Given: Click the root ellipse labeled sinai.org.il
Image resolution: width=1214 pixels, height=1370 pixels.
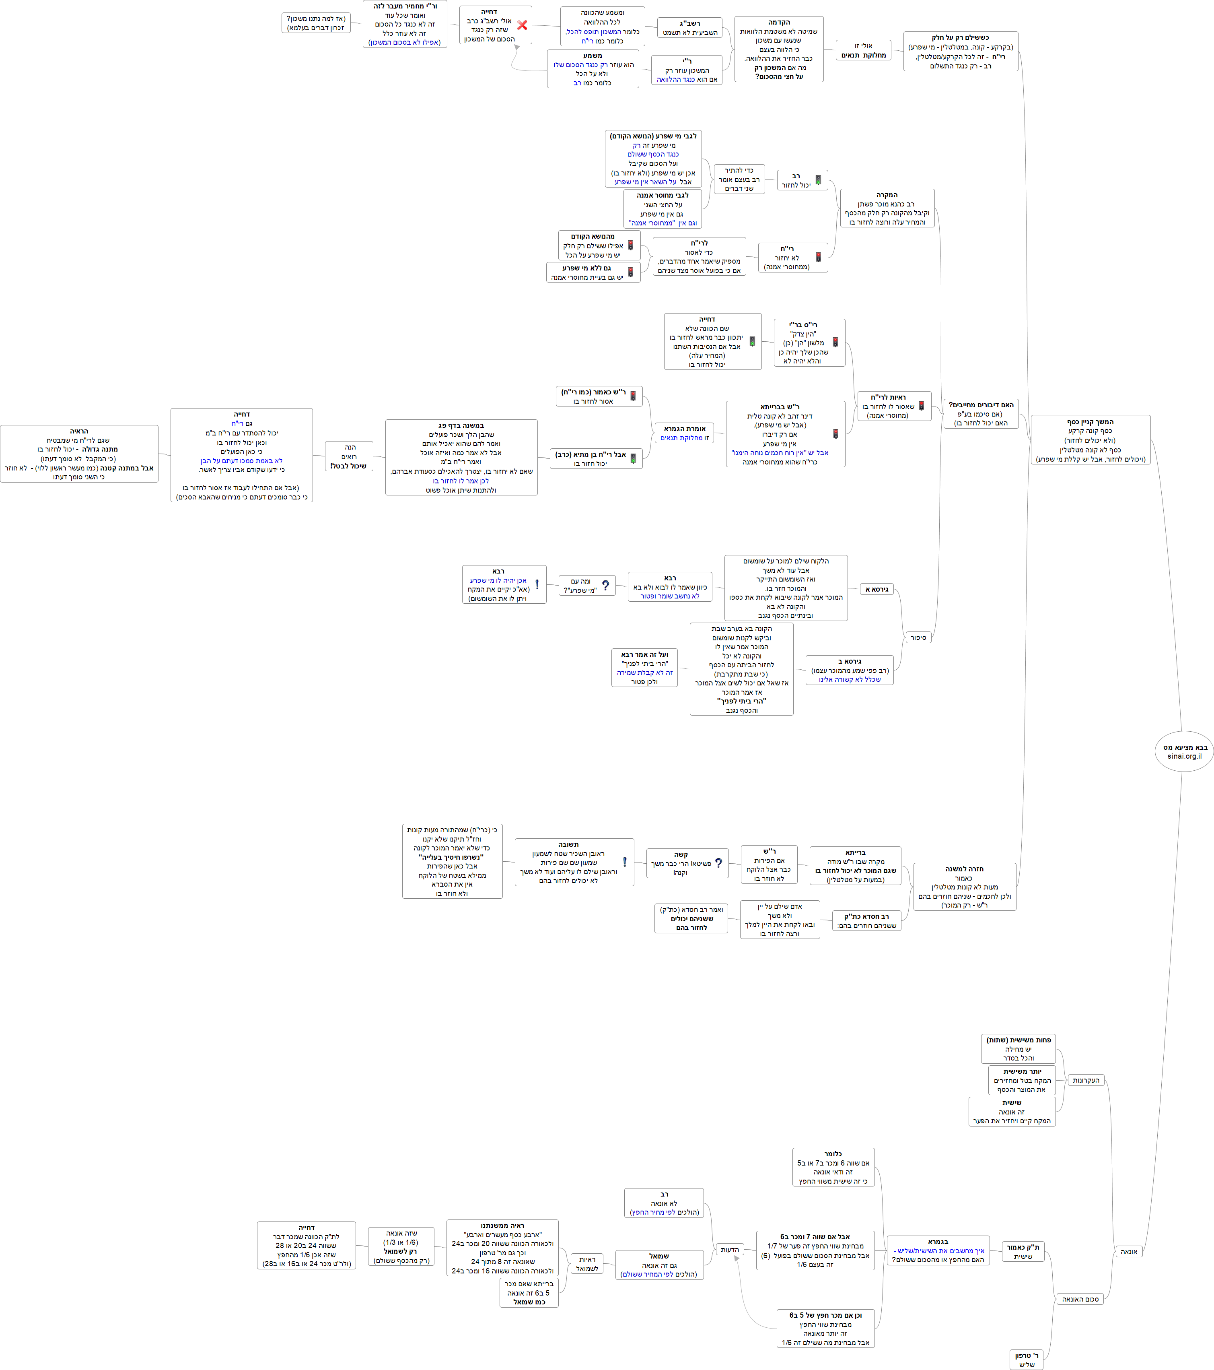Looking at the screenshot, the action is click(x=1184, y=751).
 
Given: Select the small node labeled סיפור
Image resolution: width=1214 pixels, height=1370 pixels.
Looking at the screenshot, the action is click(x=918, y=638).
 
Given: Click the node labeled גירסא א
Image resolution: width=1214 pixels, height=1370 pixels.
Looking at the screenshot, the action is click(x=877, y=589).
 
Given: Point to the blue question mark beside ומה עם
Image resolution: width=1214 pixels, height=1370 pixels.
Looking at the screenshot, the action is click(x=606, y=585).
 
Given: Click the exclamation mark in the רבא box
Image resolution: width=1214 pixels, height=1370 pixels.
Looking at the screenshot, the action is click(x=537, y=584).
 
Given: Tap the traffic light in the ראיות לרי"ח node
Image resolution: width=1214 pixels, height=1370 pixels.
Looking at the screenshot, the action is click(x=921, y=406).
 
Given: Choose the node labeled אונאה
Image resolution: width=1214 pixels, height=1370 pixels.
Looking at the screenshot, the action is click(x=1129, y=1251).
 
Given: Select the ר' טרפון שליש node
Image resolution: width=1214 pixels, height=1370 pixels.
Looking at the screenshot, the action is click(x=1027, y=1359).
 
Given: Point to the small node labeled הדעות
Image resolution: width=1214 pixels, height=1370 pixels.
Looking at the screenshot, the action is click(x=730, y=1249).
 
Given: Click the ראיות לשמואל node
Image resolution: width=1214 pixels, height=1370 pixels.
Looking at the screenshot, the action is click(x=587, y=1263).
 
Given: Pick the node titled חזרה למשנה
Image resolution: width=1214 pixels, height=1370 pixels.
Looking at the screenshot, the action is click(x=965, y=887).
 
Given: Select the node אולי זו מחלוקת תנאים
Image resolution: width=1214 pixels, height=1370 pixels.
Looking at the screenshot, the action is click(x=864, y=50).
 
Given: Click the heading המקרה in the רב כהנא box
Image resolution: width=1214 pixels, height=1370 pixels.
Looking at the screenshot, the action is click(x=887, y=195).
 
